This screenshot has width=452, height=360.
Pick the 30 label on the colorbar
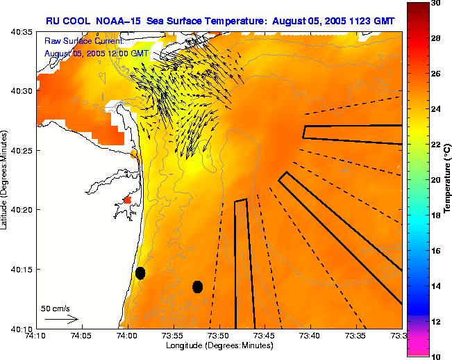pos(435,3)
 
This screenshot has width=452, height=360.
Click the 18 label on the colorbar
pos(435,215)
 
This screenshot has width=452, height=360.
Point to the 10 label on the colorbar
pos(435,357)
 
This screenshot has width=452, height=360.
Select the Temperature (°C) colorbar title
pos(448,179)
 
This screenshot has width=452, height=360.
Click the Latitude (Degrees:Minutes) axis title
pos(6,179)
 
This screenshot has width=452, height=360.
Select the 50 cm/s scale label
pos(56,308)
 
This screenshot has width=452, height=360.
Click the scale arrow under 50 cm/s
pos(62,319)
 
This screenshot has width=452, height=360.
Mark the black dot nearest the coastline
pos(140,272)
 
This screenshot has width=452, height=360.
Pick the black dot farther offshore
pos(197,286)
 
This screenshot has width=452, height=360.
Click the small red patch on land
pos(127,200)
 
